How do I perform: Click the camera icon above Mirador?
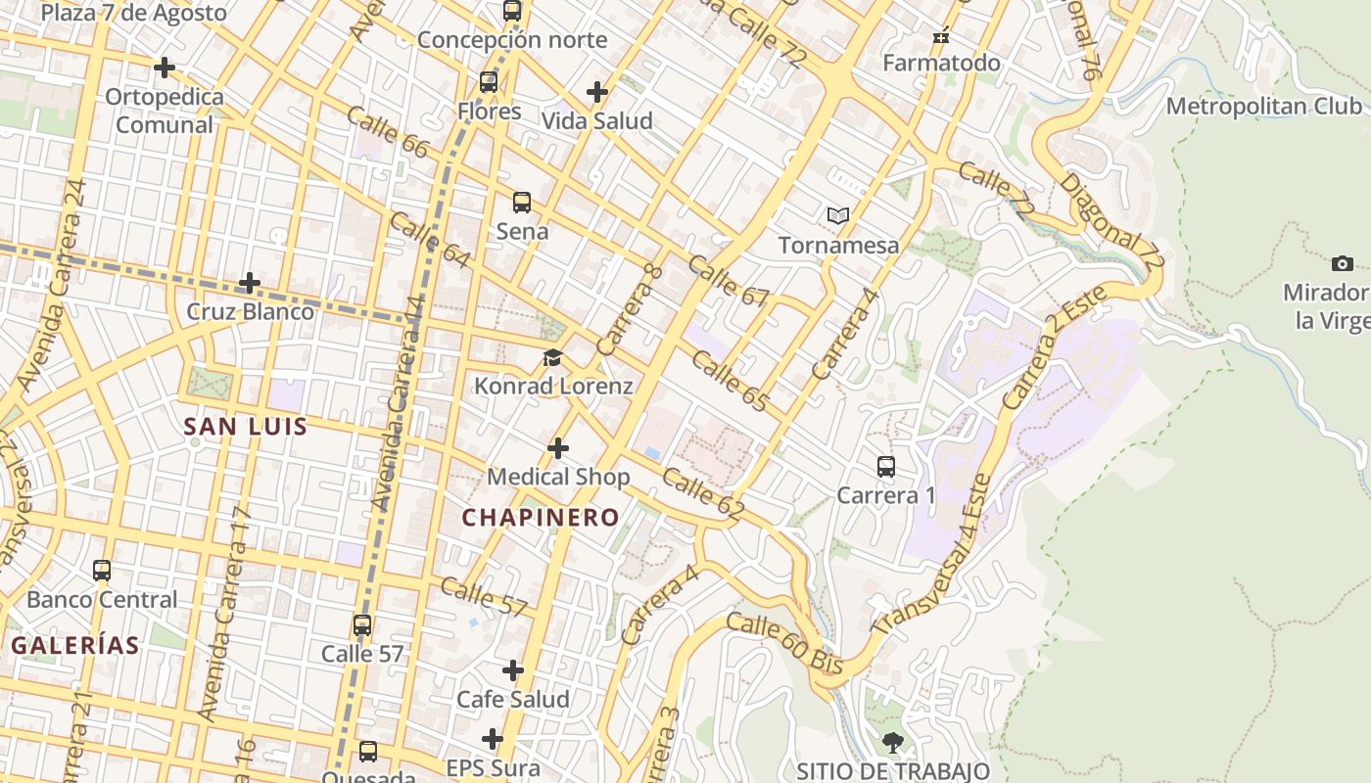[1343, 263]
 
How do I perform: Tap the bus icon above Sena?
[522, 203]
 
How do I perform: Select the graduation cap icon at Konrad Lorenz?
[553, 357]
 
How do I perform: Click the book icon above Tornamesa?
[837, 215]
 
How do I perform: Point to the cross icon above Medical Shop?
[558, 448]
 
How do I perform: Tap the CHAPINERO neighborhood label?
[541, 518]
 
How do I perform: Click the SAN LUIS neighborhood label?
[246, 427]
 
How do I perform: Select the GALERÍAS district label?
[75, 646]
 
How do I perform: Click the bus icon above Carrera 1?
[886, 467]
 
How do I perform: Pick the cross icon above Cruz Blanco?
[250, 283]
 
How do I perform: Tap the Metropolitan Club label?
[1263, 106]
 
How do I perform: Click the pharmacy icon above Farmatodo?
[941, 36]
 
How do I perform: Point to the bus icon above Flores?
[489, 82]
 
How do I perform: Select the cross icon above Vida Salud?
[597, 92]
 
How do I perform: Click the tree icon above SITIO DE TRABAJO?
[892, 742]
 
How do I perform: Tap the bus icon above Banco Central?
[102, 570]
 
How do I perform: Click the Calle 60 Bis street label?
[785, 643]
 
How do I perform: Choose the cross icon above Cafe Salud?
[513, 670]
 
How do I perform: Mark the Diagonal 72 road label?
[1112, 224]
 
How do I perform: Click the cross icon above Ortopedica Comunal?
[165, 68]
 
